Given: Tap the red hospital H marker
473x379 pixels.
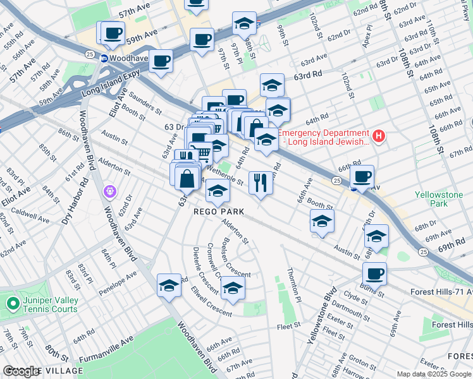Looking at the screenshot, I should coord(378,135).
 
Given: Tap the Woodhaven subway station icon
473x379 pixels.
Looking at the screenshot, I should coord(103,57).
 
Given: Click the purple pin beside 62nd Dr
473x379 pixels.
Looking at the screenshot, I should coord(111,189).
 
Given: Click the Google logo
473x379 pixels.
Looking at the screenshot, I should coord(21,371).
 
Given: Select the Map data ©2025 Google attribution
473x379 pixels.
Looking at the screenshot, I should coord(434,374).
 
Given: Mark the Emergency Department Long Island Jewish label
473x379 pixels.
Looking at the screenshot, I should coord(324,137).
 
